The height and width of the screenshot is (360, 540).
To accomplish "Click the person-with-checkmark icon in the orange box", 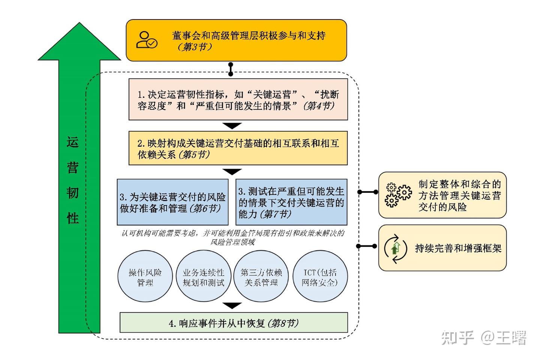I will [x=147, y=40].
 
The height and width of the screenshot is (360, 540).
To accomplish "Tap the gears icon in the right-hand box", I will [x=398, y=195].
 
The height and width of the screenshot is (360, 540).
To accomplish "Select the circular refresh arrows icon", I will [x=396, y=248].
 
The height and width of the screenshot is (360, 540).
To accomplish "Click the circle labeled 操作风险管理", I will [x=145, y=277].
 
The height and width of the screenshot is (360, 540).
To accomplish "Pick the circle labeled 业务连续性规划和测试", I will [x=203, y=277].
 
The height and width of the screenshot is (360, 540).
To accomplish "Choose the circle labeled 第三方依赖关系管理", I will [x=261, y=277].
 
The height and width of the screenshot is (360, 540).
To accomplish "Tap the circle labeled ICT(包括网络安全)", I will [x=319, y=277].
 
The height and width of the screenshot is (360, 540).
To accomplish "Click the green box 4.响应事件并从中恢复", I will [x=234, y=323].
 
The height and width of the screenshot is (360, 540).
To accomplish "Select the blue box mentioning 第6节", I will [x=172, y=202].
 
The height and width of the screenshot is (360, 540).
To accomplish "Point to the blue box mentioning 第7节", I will [x=291, y=202].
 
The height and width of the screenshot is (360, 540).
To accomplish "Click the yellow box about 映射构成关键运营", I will [x=238, y=148].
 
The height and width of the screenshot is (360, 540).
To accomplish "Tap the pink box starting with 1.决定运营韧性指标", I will [x=238, y=99].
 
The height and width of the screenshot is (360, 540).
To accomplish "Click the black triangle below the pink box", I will [x=232, y=126].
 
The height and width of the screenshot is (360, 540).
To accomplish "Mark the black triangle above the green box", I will [x=232, y=305].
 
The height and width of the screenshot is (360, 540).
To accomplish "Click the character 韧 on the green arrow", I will [x=73, y=193].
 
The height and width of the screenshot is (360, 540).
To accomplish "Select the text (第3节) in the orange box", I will [x=195, y=47].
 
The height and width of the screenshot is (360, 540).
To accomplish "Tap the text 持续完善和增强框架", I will [x=458, y=248].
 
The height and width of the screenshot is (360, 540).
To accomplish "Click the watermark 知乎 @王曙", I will [x=484, y=337].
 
